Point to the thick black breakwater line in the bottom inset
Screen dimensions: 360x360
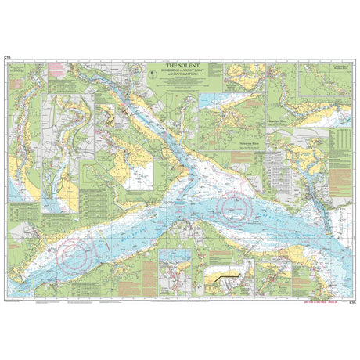228,276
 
